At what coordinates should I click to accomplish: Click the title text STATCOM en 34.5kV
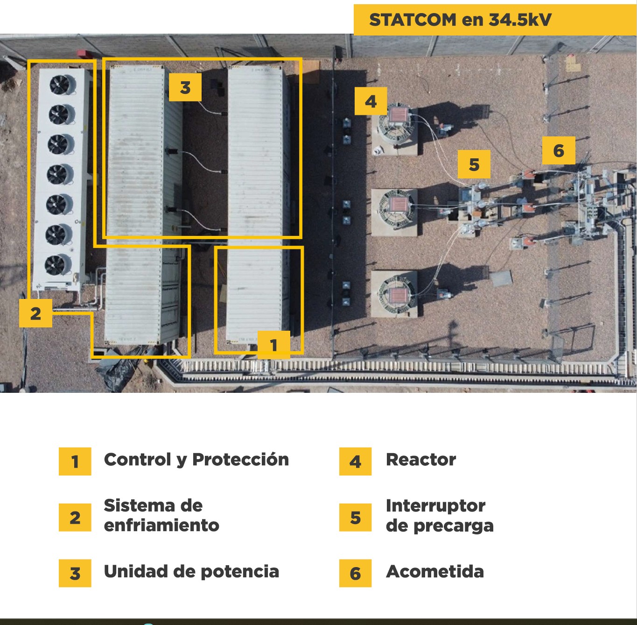tap(460, 20)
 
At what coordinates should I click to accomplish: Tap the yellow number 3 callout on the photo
tap(185, 87)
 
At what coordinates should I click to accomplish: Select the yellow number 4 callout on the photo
tap(371, 101)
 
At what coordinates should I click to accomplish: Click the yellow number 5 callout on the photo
tap(474, 164)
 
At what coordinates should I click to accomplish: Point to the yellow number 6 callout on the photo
tap(559, 150)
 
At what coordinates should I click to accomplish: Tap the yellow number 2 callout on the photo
tap(35, 313)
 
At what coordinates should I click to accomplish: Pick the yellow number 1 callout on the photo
tap(273, 345)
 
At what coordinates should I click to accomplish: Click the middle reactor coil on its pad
tap(397, 206)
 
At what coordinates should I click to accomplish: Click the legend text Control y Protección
tap(196, 460)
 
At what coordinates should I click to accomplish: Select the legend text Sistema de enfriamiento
tap(161, 515)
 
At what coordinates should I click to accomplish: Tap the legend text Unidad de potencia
tap(191, 571)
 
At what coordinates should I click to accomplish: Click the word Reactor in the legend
tap(421, 460)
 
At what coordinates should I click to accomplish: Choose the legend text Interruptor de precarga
tap(439, 515)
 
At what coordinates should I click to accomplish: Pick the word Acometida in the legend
tap(435, 571)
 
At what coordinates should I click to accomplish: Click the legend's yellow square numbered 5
tap(355, 518)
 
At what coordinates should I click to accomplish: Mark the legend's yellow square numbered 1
tap(75, 462)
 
